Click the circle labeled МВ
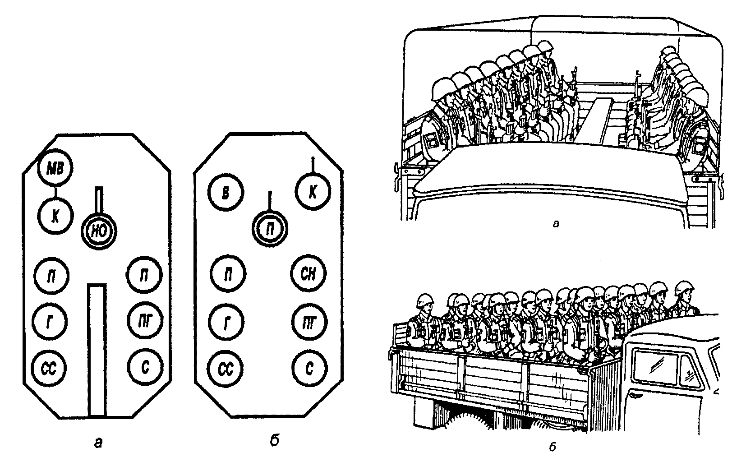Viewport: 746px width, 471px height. pos(56,169)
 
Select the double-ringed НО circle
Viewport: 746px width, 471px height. pos(98,231)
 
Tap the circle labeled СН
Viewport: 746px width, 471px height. pos(309,274)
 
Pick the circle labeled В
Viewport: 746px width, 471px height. pos(226,192)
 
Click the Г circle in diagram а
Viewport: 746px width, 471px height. pos(51,323)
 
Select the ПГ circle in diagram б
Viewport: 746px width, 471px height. pos(309,322)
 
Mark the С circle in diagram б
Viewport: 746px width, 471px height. pos(309,369)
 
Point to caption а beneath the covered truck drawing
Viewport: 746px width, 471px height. pos(555,223)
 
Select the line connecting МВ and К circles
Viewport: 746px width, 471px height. pos(55,192)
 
